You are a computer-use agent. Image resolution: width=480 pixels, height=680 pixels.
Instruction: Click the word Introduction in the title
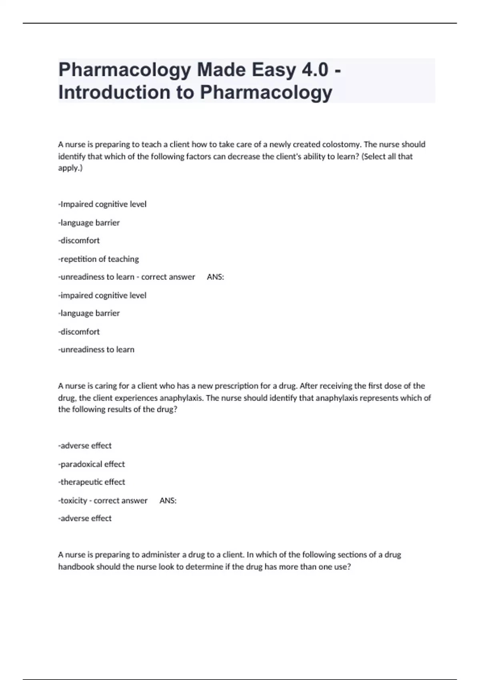click(x=114, y=92)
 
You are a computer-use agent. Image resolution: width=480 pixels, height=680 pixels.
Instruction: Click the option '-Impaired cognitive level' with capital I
click(x=102, y=204)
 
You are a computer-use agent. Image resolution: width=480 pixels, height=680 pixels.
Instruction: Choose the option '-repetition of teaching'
click(x=98, y=259)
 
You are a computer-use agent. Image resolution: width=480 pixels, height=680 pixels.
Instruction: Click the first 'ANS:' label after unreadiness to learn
click(x=215, y=277)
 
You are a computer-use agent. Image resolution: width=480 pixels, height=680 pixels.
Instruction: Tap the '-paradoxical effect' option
click(x=92, y=464)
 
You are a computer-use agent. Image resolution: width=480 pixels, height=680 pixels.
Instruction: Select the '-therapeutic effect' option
click(x=92, y=482)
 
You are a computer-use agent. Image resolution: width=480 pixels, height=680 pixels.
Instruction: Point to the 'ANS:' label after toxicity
click(x=168, y=501)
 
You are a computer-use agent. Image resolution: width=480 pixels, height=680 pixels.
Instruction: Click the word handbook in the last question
click(x=76, y=567)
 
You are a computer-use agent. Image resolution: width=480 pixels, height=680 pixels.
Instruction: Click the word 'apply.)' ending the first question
click(x=70, y=168)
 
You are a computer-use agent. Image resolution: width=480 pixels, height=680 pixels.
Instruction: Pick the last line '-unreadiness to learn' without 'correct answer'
click(x=96, y=350)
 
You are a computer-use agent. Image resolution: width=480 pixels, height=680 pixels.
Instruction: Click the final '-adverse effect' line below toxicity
click(x=85, y=518)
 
